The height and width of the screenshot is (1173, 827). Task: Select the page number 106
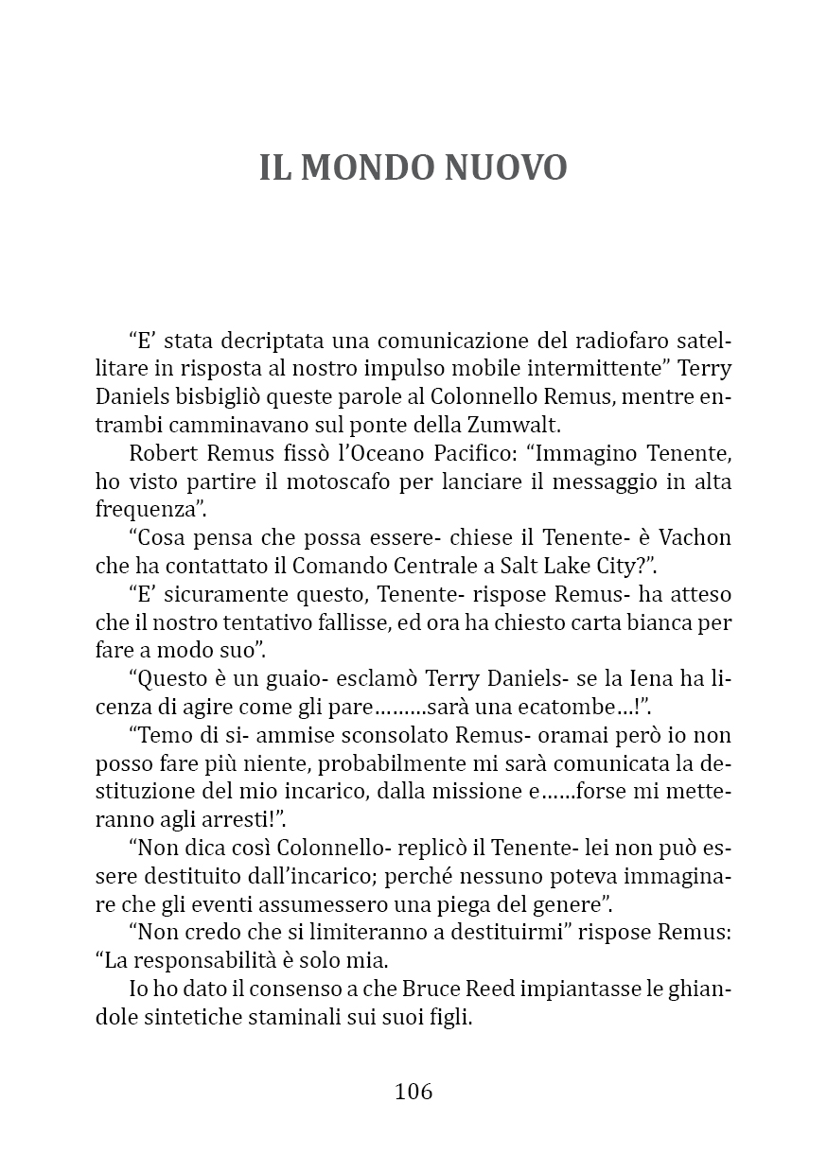point(413,1091)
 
